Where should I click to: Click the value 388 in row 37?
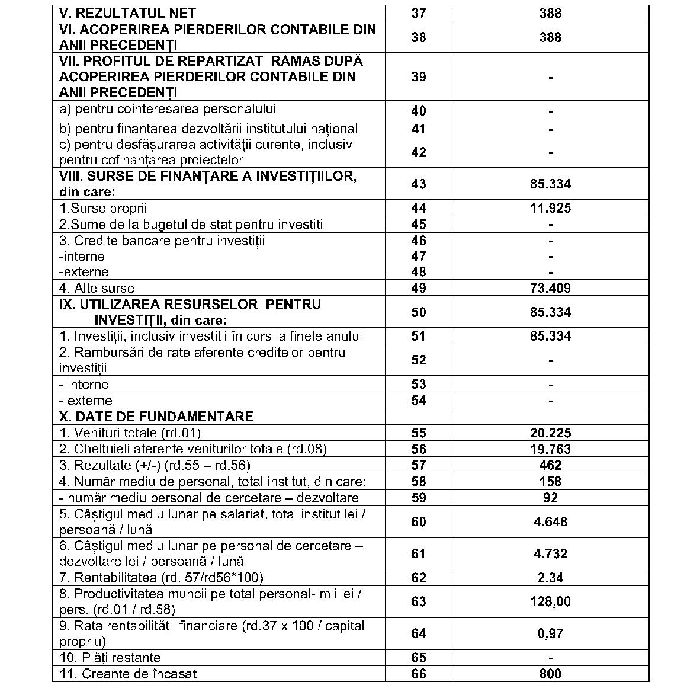click(x=550, y=13)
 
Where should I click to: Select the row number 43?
click(x=418, y=184)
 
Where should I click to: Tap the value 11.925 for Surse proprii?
click(x=550, y=208)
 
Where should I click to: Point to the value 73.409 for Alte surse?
click(x=550, y=289)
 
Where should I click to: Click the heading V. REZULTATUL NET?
click(x=127, y=13)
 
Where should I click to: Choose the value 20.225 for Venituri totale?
click(x=550, y=433)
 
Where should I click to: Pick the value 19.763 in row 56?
click(x=550, y=449)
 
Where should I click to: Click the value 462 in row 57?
click(x=550, y=465)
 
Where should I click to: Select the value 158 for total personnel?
click(x=550, y=482)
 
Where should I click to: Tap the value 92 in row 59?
click(x=550, y=498)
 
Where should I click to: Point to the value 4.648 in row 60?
click(x=550, y=522)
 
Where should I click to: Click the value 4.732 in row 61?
click(x=550, y=554)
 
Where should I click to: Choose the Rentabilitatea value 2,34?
click(x=550, y=578)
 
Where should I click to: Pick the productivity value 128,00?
click(x=550, y=602)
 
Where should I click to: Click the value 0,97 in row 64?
click(x=550, y=634)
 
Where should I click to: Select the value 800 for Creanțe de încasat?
click(x=550, y=674)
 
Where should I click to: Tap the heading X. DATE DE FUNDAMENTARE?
click(x=156, y=417)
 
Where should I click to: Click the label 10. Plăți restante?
click(x=110, y=658)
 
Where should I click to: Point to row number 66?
click(x=418, y=674)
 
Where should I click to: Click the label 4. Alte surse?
click(x=97, y=289)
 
